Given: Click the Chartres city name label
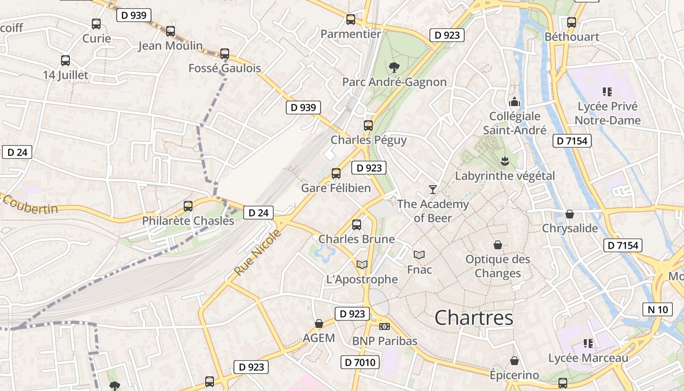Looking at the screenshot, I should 474,318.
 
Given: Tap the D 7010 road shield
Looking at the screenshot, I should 360,362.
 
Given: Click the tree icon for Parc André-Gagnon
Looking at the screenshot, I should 394,67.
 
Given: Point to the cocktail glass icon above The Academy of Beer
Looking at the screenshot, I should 432,189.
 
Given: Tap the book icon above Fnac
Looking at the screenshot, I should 419,255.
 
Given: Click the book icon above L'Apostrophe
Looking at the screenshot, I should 362,264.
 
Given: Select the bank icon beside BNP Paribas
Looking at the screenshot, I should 385,326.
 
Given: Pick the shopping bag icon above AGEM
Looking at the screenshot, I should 319,324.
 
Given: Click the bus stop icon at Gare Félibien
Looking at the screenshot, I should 336,173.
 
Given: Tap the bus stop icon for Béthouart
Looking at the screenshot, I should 572,22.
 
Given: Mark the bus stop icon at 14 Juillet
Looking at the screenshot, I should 65,61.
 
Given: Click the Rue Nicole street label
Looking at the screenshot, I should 258,252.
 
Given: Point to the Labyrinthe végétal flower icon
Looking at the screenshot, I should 505,161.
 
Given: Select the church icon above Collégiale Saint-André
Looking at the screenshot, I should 514,102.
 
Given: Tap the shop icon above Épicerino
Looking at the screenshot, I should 514,361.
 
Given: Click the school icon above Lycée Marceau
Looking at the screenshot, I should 588,344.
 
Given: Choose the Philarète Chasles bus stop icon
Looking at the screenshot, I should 188,206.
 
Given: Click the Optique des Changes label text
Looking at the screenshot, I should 498,266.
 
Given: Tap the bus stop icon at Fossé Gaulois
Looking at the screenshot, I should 225,54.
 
